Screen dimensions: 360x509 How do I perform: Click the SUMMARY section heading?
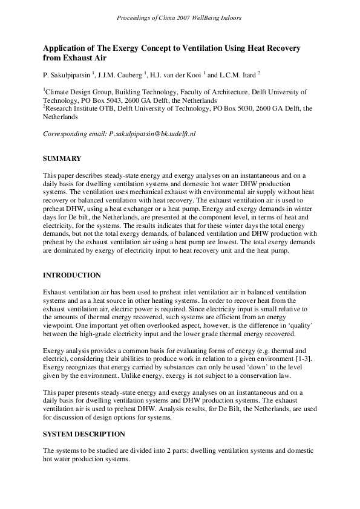[x=62, y=158]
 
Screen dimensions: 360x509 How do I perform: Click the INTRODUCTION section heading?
[x=72, y=276]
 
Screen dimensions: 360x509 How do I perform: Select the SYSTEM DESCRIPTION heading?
[x=84, y=433]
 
